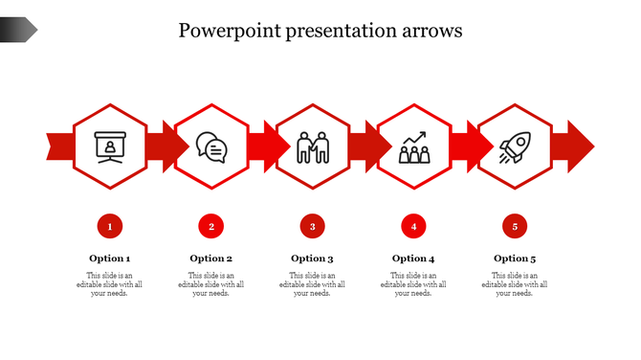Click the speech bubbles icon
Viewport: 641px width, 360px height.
[x=211, y=147]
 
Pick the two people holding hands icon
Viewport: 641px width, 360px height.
[x=312, y=147]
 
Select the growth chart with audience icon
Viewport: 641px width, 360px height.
[x=413, y=147]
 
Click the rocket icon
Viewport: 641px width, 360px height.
[x=515, y=147]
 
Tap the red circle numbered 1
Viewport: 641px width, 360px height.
[x=110, y=227]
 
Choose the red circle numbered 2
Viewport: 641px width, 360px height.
[x=211, y=227]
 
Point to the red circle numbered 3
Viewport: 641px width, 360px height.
[x=312, y=227]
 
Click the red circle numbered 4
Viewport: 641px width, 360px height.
[x=413, y=227]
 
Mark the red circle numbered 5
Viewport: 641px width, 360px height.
[x=515, y=227]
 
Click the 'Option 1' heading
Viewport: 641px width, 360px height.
[x=110, y=259]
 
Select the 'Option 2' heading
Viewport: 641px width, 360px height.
[x=211, y=259]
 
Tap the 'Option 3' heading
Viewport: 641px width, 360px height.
[x=312, y=259]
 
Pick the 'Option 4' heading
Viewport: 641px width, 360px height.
[x=413, y=259]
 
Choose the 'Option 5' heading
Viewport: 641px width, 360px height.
[x=515, y=259]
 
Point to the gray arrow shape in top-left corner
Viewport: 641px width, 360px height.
[x=17, y=31]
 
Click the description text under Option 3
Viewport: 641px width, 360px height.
[x=312, y=284]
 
